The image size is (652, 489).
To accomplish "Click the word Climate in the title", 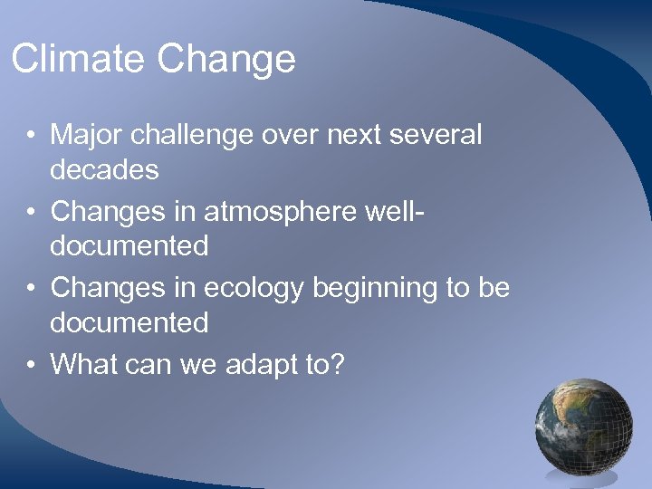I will click(78, 59).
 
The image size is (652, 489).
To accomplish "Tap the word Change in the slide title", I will click(225, 60).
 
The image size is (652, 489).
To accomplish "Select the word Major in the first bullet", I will click(86, 136).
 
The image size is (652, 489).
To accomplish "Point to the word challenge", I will click(193, 136).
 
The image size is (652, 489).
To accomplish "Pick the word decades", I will click(104, 169).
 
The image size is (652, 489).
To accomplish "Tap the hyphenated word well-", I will click(393, 212).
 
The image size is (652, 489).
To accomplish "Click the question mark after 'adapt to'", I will click(337, 364).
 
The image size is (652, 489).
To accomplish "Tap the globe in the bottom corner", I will click(583, 426).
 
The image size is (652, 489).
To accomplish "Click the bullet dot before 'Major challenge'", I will click(32, 137).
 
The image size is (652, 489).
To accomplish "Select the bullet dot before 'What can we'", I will click(32, 366).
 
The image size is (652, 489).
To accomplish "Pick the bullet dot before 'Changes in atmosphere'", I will click(32, 213).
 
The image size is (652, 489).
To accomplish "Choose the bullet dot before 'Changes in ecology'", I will click(32, 289).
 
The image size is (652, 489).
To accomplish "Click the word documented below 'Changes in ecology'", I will click(129, 322).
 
